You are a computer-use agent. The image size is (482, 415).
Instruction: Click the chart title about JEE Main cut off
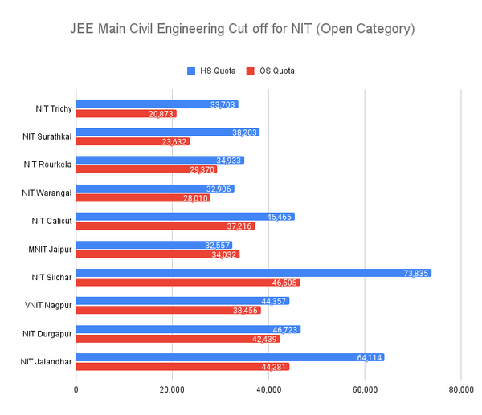point(240,30)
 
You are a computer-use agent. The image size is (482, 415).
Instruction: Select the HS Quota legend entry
point(210,71)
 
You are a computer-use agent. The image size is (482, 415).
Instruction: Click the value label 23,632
point(174,142)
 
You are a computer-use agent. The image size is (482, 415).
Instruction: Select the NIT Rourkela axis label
point(47,165)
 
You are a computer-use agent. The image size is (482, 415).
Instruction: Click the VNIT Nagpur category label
point(47,305)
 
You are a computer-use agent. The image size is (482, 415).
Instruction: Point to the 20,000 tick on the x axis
point(172,390)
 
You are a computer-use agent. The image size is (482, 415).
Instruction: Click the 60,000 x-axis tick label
point(365,390)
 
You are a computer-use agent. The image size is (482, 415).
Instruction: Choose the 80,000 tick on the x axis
point(460,390)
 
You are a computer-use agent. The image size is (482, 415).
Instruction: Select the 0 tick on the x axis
point(76,390)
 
